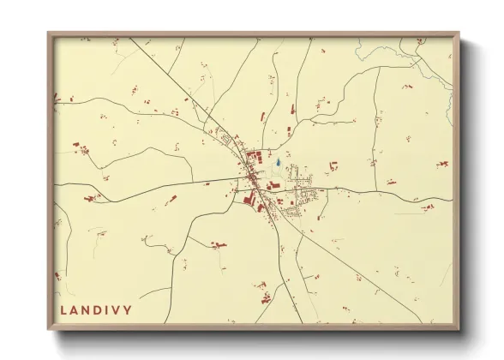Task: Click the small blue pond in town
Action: click(279, 161)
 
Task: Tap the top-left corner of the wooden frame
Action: click(48, 33)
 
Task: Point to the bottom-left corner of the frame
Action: click(48, 329)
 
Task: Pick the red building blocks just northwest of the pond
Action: click(255, 156)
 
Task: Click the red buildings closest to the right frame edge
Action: click(441, 163)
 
